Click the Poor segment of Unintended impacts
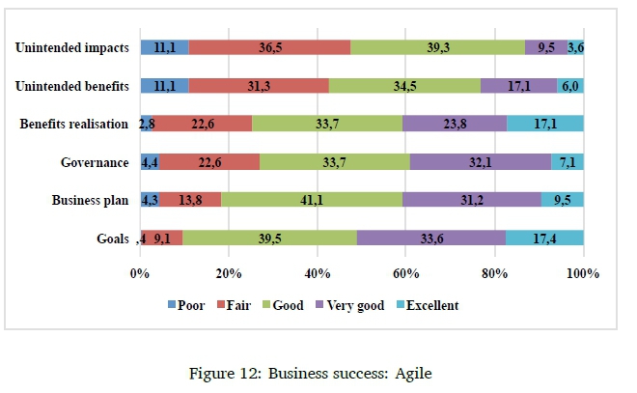point(164,47)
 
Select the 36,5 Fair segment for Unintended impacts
point(269,47)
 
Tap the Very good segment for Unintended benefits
point(518,86)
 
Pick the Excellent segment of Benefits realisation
point(545,124)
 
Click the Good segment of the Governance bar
point(335,161)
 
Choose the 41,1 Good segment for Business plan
point(312,200)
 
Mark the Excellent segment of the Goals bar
point(545,238)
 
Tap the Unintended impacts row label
point(72,47)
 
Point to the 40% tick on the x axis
point(318,274)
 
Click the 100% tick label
point(583,274)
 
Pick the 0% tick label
point(140,274)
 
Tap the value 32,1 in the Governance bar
point(481,161)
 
